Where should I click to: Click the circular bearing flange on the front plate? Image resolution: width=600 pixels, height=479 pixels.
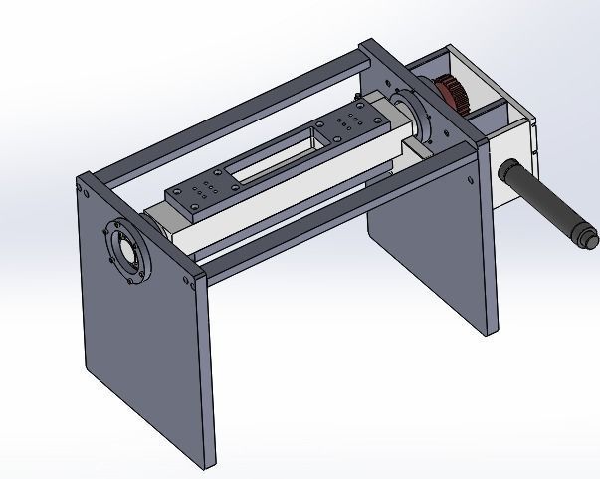coord(126,253)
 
